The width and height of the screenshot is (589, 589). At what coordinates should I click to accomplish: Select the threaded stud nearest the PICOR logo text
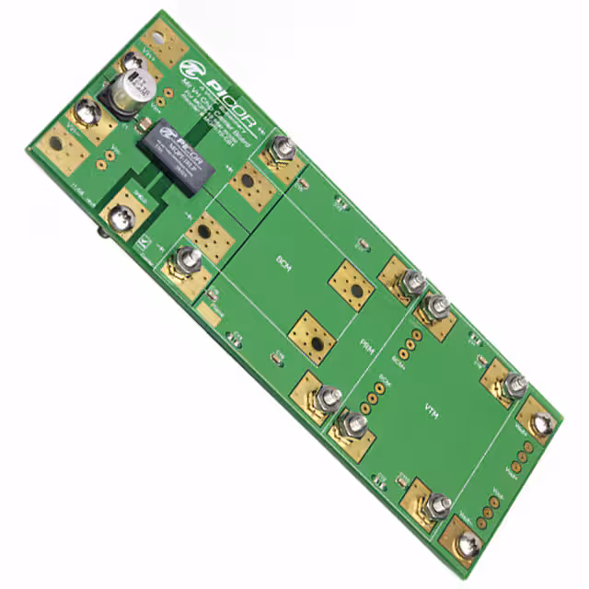coord(282,147)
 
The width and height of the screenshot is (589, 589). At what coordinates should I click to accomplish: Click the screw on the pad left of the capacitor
coord(88,114)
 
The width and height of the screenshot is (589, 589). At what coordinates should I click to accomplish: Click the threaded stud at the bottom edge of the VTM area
coord(438,502)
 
